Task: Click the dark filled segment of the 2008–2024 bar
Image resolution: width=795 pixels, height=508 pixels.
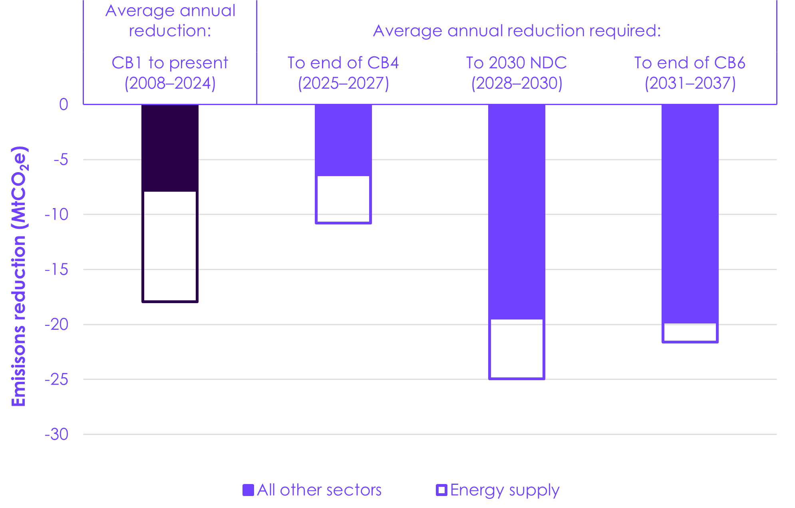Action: point(170,148)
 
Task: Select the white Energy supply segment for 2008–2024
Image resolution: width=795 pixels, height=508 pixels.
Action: point(170,302)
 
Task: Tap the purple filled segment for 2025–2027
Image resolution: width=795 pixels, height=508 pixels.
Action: point(343,140)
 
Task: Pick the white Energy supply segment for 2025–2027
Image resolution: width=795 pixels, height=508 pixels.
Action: point(343,222)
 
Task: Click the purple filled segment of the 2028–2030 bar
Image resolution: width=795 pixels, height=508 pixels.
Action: point(517,212)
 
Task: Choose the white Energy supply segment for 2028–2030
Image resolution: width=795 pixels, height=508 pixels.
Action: point(517,378)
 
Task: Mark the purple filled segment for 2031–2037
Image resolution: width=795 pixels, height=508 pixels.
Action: point(690,214)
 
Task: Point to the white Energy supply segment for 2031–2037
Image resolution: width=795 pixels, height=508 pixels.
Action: point(690,342)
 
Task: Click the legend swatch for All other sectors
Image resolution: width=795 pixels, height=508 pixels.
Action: point(248,490)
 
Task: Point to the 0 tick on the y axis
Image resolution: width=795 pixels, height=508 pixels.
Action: point(64,105)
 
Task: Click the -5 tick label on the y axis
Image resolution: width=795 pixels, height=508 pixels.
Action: point(61,160)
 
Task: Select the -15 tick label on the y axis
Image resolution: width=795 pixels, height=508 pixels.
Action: point(56,270)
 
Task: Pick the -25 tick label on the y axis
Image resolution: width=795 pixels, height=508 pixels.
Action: point(56,379)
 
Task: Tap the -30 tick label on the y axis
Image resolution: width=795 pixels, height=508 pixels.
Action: point(56,434)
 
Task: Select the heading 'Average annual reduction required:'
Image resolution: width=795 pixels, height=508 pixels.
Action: point(517,31)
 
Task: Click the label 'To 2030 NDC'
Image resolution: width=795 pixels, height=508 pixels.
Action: point(517,63)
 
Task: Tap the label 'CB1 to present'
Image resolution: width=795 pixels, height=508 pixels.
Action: point(170,63)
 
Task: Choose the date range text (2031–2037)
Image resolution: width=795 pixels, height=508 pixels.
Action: point(690,83)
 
